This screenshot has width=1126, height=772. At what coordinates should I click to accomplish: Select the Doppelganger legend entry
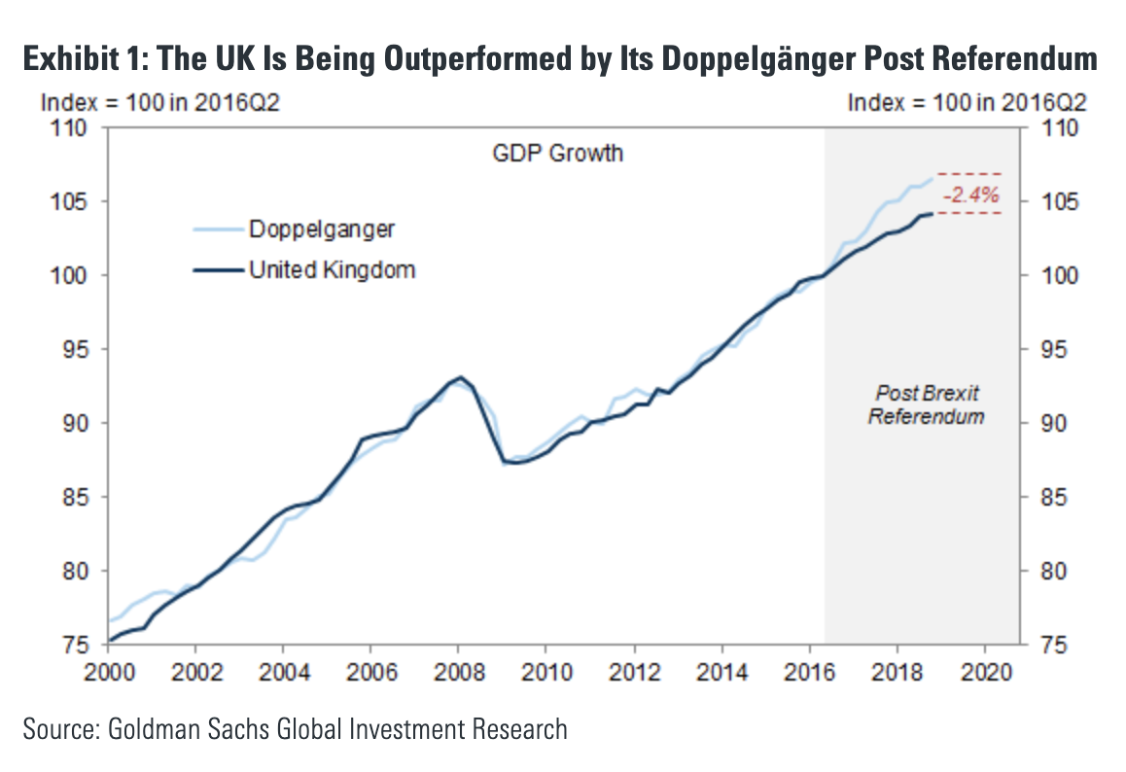point(321,229)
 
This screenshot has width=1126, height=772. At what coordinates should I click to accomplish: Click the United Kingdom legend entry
point(332,269)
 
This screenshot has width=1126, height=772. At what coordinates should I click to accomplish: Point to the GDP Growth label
point(557,153)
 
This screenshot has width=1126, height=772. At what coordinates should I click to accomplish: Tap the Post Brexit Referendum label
point(927,404)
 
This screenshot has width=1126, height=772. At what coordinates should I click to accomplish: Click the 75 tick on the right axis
point(1042,645)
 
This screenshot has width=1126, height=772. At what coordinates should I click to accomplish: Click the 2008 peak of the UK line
point(460,377)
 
